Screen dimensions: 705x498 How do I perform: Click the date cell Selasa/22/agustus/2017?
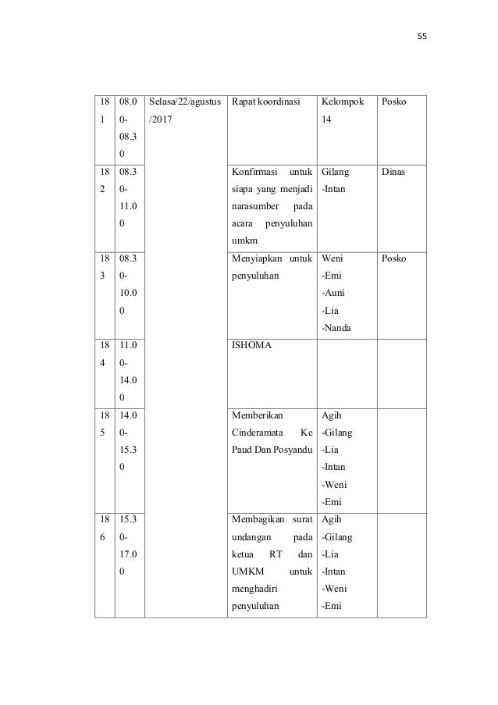(184, 111)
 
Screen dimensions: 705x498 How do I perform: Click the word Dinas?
(394, 171)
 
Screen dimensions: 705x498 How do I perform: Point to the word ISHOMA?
(251, 345)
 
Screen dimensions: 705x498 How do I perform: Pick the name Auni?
(336, 293)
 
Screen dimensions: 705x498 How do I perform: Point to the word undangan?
(252, 536)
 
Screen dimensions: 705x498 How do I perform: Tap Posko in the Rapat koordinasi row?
(394, 102)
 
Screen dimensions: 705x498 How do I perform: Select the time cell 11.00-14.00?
(130, 371)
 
